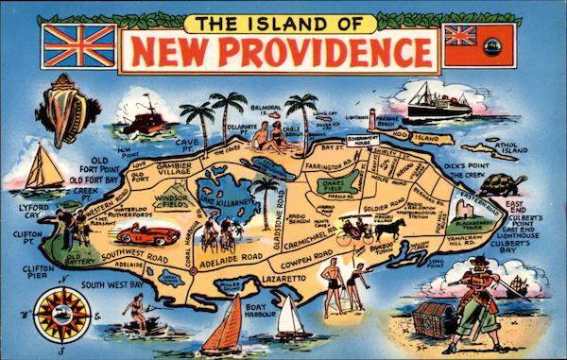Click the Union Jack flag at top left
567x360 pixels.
[79, 45]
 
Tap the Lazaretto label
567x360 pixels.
[284, 281]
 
